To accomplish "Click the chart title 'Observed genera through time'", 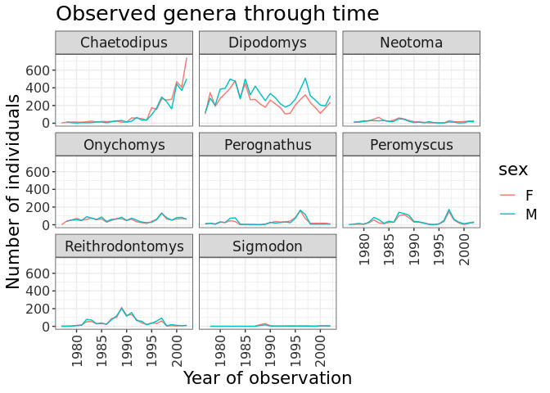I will click(217, 14).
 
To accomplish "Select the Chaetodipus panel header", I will click(124, 43).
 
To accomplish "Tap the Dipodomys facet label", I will click(268, 43).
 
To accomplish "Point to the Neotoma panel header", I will click(412, 43).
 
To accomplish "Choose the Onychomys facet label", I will click(124, 145).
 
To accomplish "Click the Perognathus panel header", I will click(268, 145).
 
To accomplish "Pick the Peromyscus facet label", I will click(412, 145).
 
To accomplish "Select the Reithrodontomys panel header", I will click(124, 246).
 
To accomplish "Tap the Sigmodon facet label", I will click(268, 246).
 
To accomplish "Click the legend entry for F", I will click(530, 194).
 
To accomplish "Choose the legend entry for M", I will click(530, 214).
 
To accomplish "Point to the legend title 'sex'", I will click(513, 169).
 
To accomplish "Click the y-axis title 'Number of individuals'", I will click(14, 190).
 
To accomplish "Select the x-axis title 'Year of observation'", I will click(267, 378).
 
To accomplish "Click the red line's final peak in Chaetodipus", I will click(186, 57).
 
